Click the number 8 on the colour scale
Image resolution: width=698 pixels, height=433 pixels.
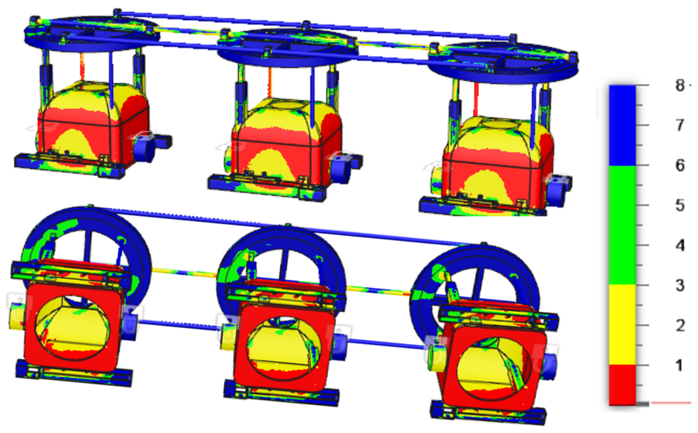click(680, 86)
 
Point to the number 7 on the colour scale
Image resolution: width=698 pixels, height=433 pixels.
click(680, 125)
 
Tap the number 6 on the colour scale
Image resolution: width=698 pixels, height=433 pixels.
click(680, 165)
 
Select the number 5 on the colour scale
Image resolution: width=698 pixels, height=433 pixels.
click(680, 205)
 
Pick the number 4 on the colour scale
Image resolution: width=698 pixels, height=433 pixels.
click(680, 245)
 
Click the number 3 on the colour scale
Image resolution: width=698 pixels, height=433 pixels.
click(680, 285)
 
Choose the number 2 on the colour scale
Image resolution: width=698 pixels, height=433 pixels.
click(680, 325)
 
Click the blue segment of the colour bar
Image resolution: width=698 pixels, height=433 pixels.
click(622, 125)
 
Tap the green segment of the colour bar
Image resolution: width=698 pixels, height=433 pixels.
click(622, 225)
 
